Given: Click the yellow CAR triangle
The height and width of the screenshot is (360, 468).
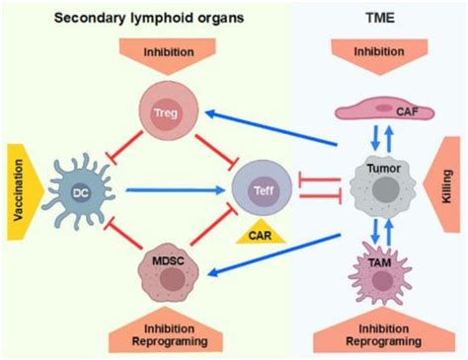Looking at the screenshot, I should click(260, 232).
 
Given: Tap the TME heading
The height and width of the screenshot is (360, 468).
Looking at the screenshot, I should click(383, 16).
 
